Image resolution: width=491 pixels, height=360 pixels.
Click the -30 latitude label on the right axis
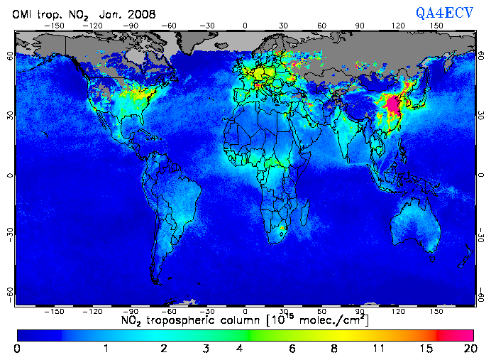[482, 234]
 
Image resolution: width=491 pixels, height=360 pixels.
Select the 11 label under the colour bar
[381, 348]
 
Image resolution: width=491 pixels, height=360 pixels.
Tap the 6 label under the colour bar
[292, 348]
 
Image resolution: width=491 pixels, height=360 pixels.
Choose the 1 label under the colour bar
[106, 348]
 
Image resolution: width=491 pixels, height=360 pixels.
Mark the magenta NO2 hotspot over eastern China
[392, 106]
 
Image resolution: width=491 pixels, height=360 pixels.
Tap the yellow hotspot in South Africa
[282, 228]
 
